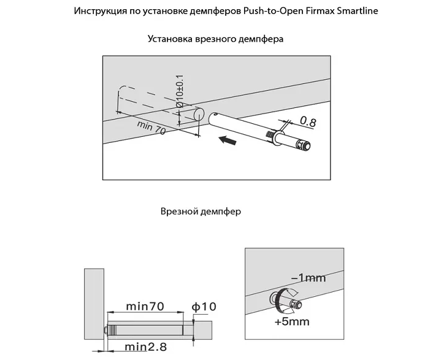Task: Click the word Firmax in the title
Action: [x=318, y=12]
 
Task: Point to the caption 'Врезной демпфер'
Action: [x=201, y=212]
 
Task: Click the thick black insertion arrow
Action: [x=228, y=142]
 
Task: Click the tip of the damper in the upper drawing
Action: [x=305, y=145]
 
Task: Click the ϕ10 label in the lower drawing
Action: [x=204, y=305]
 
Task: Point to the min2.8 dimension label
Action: [x=146, y=347]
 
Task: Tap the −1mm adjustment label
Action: [x=308, y=278]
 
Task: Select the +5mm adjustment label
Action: [x=292, y=321]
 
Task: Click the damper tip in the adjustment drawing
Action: [x=297, y=303]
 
